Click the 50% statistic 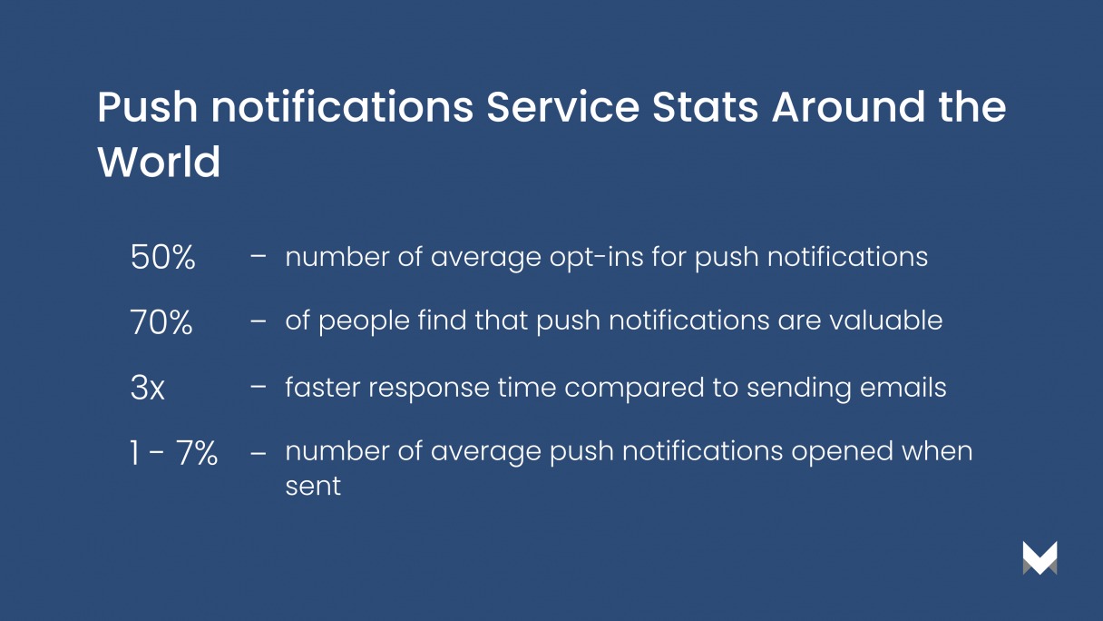tap(163, 258)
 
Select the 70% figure tap(161, 322)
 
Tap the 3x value tap(147, 389)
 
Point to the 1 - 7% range tap(173, 453)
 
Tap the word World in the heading tap(159, 163)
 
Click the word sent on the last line tap(313, 486)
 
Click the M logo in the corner tap(1040, 557)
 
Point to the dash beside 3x tap(259, 388)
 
